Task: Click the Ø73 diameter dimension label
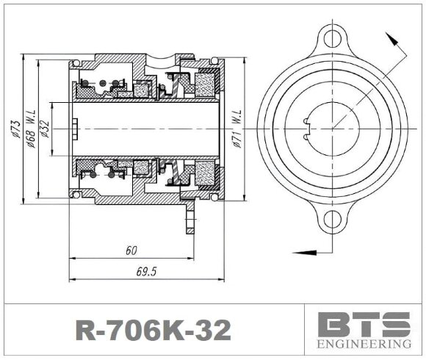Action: click(14, 129)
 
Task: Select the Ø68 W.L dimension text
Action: click(31, 129)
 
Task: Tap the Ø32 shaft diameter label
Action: click(45, 129)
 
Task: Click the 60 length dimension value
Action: click(131, 251)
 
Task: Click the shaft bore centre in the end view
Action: click(333, 129)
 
